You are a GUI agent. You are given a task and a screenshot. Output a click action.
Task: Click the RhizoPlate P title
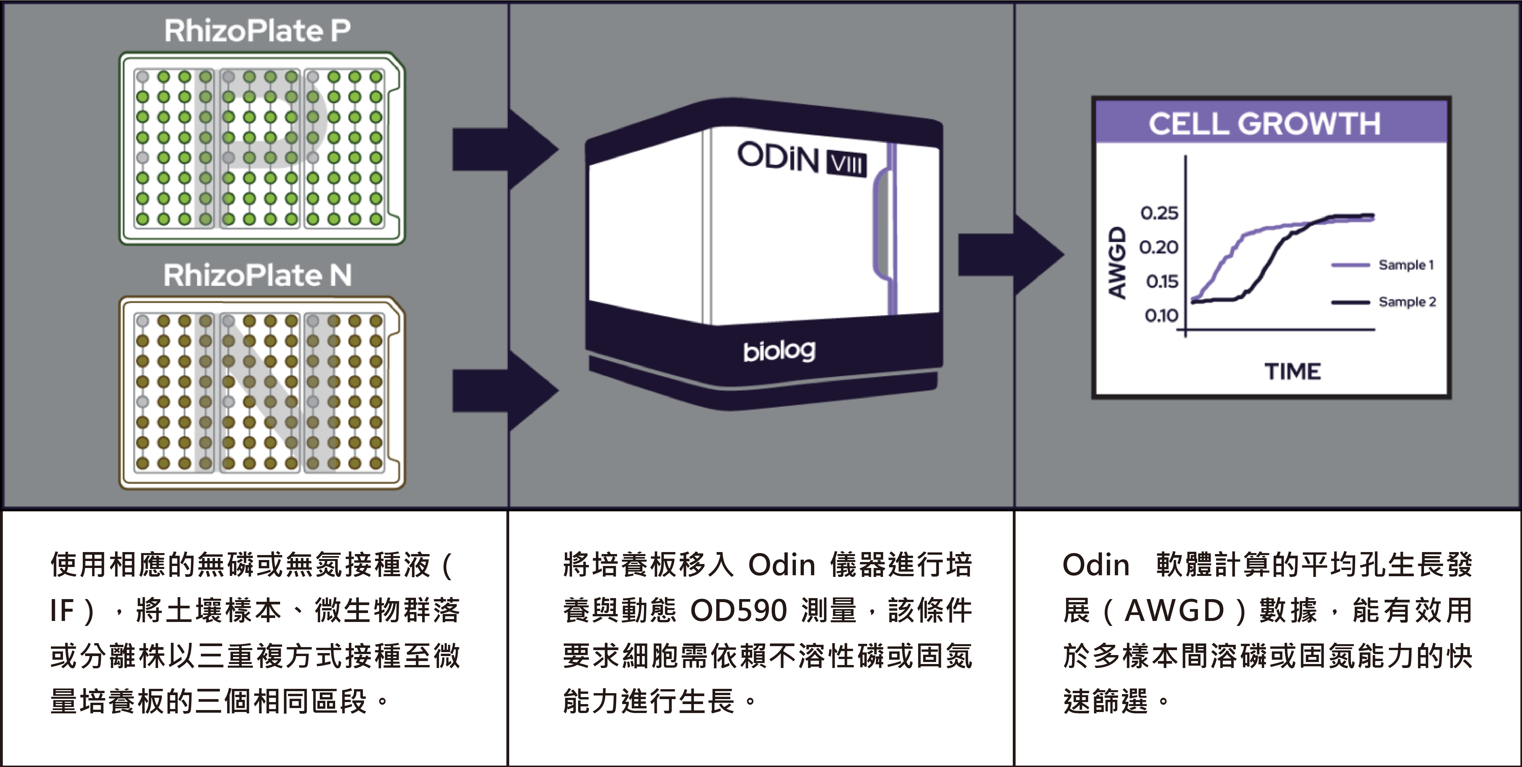click(257, 31)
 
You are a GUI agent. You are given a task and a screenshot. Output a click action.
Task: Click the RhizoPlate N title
click(257, 275)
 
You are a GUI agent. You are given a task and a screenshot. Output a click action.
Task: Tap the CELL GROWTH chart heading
click(1264, 124)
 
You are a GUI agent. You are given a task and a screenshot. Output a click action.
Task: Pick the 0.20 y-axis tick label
click(1159, 247)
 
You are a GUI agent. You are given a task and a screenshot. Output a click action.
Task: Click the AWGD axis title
click(1117, 263)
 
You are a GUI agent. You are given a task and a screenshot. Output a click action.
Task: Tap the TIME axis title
click(1292, 372)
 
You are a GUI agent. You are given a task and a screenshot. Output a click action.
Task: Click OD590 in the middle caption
click(739, 610)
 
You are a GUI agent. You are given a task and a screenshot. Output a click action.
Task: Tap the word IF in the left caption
click(62, 610)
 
